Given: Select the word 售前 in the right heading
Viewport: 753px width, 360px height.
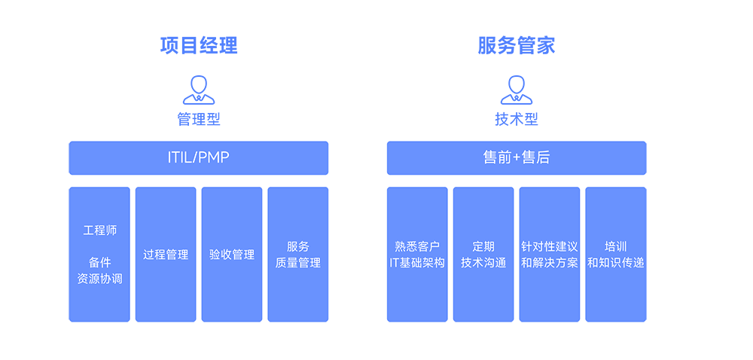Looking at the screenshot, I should tap(496, 157).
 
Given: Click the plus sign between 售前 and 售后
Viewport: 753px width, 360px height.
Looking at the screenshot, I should tap(517, 157).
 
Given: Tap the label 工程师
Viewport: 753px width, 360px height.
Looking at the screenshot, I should tap(99, 230).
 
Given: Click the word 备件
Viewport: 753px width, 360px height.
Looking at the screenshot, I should tap(99, 262).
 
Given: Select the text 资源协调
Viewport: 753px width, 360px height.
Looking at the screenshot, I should tap(99, 279).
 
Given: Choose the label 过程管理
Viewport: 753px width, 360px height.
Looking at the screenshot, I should tap(166, 255).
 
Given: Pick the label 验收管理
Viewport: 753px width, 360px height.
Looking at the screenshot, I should tap(232, 255).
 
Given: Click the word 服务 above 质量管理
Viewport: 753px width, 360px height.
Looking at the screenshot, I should tap(298, 246).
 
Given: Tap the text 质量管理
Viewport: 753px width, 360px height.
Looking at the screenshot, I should tap(298, 263).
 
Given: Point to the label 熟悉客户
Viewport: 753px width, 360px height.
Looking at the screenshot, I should tap(417, 246).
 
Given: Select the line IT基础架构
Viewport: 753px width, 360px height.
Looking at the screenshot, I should tap(417, 263).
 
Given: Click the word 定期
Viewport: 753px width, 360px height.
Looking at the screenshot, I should tap(483, 246).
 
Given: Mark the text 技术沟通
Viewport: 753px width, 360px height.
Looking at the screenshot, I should tap(483, 263).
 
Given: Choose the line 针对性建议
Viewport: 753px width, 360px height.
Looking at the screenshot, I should tap(550, 246).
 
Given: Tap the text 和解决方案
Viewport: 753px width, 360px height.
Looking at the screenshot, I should tap(550, 263).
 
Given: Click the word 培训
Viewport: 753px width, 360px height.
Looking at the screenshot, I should tap(616, 246).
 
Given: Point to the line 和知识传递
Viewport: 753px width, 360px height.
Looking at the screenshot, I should tap(616, 263).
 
